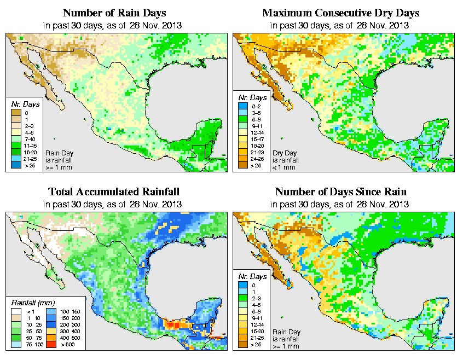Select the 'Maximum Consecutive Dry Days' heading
coord(341,13)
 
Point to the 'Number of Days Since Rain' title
coord(341,192)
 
